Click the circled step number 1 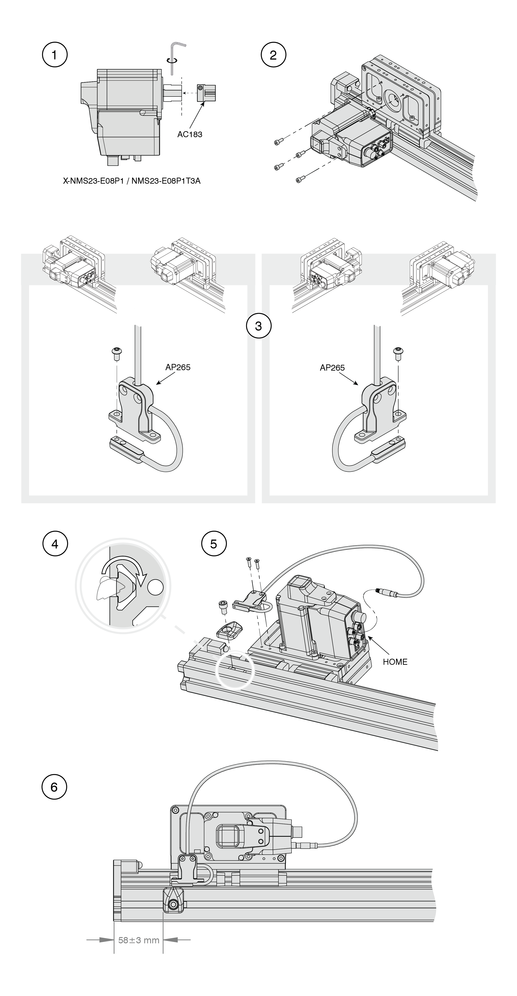coord(54,55)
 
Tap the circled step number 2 coord(273,55)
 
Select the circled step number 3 coord(259,326)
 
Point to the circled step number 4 coord(55,544)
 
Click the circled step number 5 coord(214,544)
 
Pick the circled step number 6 coord(54,787)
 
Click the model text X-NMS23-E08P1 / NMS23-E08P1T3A coord(132,181)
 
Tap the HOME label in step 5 coord(395,662)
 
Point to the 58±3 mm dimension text coord(139,940)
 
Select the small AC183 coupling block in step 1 coord(206,93)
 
